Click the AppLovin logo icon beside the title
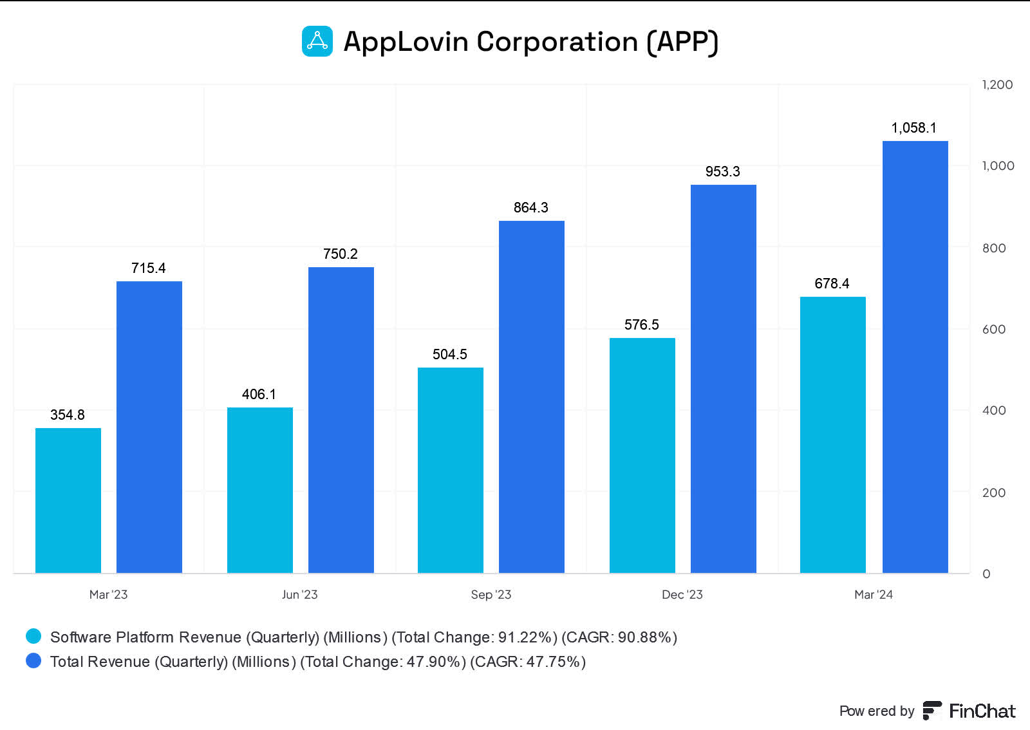pos(317,41)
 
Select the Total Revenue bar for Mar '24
pos(915,357)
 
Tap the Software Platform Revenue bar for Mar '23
pos(68,500)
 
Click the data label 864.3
pos(530,208)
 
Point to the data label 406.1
pos(259,395)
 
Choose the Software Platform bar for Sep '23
pos(451,470)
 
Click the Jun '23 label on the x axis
pos(299,595)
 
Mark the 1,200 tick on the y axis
pos(997,85)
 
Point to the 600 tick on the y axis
pos(993,330)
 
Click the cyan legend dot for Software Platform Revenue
pos(33,637)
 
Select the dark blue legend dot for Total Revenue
pos(33,661)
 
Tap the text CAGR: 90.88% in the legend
pos(619,637)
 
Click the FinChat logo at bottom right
pos(969,711)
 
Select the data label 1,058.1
pos(913,128)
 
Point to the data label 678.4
pos(832,284)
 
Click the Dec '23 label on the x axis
pos(682,595)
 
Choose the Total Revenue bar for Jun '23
pos(341,420)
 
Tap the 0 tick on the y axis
pos(986,574)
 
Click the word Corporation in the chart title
pos(557,42)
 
